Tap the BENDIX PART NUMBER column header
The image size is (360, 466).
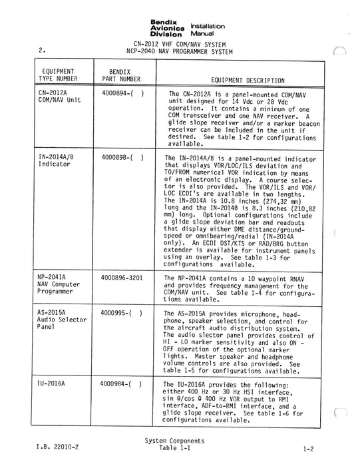pyautogui.click(x=120, y=74)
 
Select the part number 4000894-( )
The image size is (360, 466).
pyautogui.click(x=122, y=95)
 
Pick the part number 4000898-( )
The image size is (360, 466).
pyautogui.click(x=122, y=158)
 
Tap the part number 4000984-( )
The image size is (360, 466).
pyautogui.click(x=122, y=385)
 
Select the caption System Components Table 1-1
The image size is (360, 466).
pyautogui.click(x=174, y=445)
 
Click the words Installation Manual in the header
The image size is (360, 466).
pyautogui.click(x=208, y=29)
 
